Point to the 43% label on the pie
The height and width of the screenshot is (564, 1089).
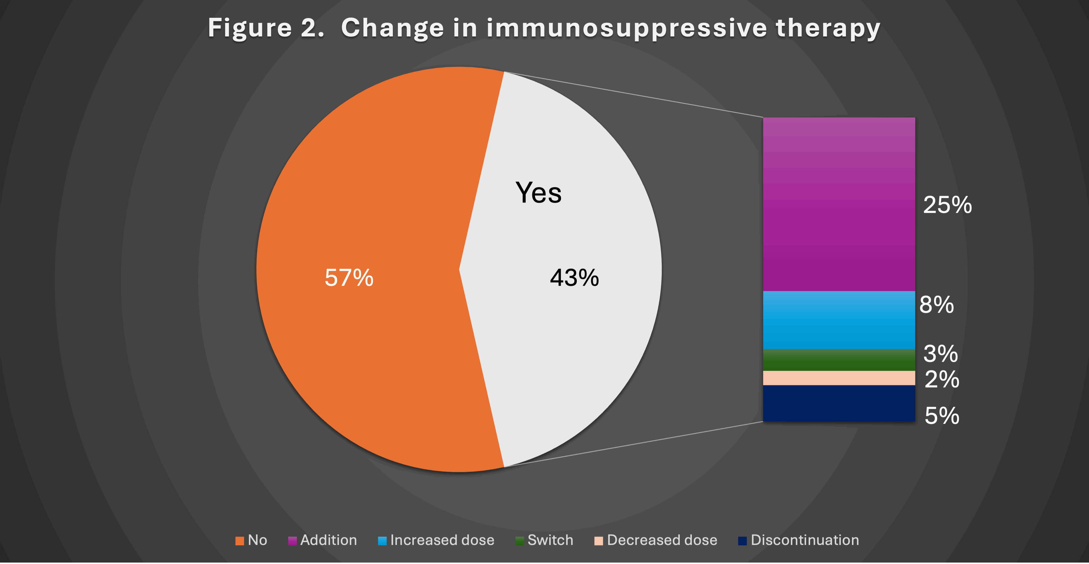tap(574, 278)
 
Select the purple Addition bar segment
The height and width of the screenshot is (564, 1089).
tap(839, 204)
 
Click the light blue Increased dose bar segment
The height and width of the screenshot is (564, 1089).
tap(839, 320)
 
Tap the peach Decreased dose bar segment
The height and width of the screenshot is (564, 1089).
tap(839, 378)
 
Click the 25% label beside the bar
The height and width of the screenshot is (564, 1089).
tap(947, 205)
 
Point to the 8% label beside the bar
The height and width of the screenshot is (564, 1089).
tap(936, 305)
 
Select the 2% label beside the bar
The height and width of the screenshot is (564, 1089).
tap(942, 379)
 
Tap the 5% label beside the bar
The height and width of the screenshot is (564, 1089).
tap(942, 416)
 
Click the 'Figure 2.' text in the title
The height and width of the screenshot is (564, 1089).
tap(266, 28)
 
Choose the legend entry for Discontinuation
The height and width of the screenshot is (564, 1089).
tap(799, 540)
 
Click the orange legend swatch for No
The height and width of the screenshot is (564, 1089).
tap(240, 541)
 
